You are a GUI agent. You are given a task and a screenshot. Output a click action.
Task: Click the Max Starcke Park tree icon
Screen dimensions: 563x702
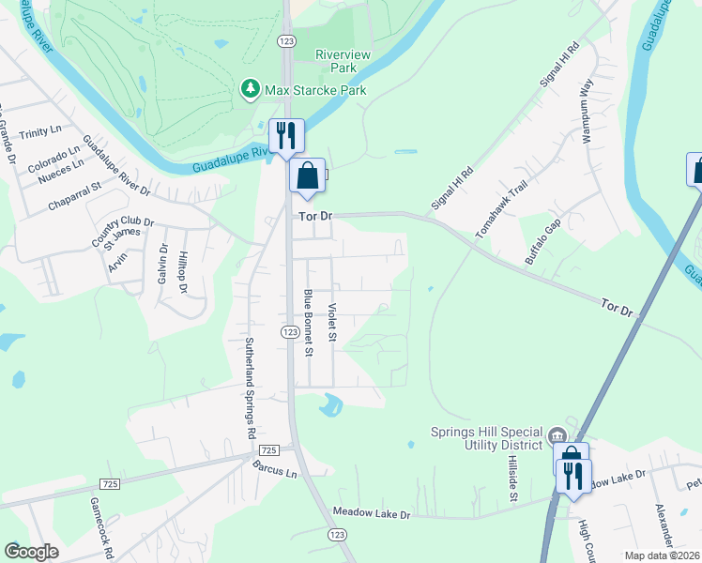point(250,89)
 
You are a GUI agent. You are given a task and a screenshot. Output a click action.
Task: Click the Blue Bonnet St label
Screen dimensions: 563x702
point(307,323)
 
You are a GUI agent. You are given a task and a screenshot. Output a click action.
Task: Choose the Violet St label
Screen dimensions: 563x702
point(332,322)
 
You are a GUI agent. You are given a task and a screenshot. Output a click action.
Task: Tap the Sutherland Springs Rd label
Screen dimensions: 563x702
point(250,388)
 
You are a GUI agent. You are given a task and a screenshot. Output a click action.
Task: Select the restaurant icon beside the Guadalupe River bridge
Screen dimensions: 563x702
point(285,135)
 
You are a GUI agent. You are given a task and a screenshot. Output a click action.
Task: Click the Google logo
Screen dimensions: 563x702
point(31,552)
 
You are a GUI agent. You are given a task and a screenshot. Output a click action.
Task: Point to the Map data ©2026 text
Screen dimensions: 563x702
point(662,555)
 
